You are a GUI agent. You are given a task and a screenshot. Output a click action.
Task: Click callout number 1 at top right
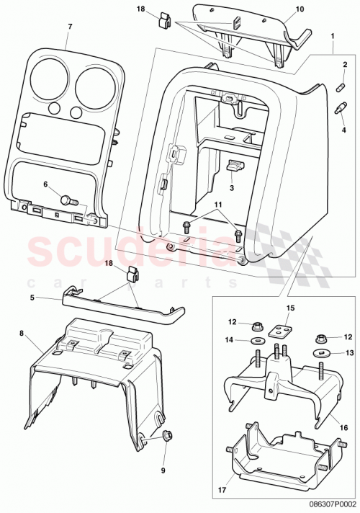[x=332, y=35]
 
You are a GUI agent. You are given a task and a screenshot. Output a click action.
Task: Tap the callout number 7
[x=70, y=27]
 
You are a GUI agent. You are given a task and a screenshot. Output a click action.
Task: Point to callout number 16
[x=343, y=427]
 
